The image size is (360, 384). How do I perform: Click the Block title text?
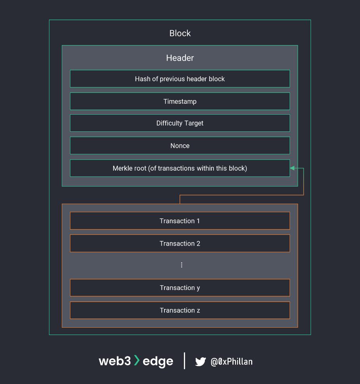[180, 33]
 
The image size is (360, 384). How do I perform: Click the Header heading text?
[180, 58]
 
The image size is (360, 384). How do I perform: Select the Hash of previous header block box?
[180, 79]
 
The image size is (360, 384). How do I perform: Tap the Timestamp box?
[180, 101]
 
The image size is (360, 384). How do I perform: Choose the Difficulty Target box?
[180, 123]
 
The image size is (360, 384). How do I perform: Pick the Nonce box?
[180, 146]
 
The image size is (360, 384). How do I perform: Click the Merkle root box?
[180, 168]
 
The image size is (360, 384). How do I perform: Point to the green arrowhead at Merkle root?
[292, 168]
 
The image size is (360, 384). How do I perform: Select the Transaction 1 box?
[180, 221]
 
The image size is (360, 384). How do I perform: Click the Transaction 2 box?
[180, 244]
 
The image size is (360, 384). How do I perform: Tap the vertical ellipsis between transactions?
[182, 265]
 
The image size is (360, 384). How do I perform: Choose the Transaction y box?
[180, 288]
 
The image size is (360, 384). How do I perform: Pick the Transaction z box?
[180, 311]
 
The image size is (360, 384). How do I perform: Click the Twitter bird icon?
[201, 362]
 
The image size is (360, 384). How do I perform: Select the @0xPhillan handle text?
[232, 362]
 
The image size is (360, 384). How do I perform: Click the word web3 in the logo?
[115, 361]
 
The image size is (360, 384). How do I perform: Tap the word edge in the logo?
[158, 361]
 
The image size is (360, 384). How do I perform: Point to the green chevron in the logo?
[137, 360]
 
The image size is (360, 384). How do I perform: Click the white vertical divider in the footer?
[185, 361]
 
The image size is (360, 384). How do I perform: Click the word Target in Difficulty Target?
[193, 123]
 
